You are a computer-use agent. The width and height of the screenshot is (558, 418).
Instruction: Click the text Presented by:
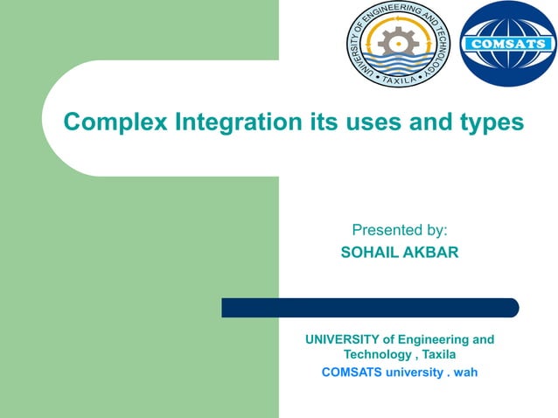pyautogui.click(x=399, y=231)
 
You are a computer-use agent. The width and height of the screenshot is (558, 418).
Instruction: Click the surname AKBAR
pyautogui.click(x=432, y=253)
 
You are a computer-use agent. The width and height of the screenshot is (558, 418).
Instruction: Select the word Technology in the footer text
pyautogui.click(x=375, y=355)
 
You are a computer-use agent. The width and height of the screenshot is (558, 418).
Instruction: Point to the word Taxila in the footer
pyautogui.click(x=436, y=355)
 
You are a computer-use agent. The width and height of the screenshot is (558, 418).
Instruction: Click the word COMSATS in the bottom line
pyautogui.click(x=351, y=372)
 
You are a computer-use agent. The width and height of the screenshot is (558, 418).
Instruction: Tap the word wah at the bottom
pyautogui.click(x=464, y=372)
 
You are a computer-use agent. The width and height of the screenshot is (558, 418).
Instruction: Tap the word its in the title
pyautogui.click(x=325, y=122)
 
